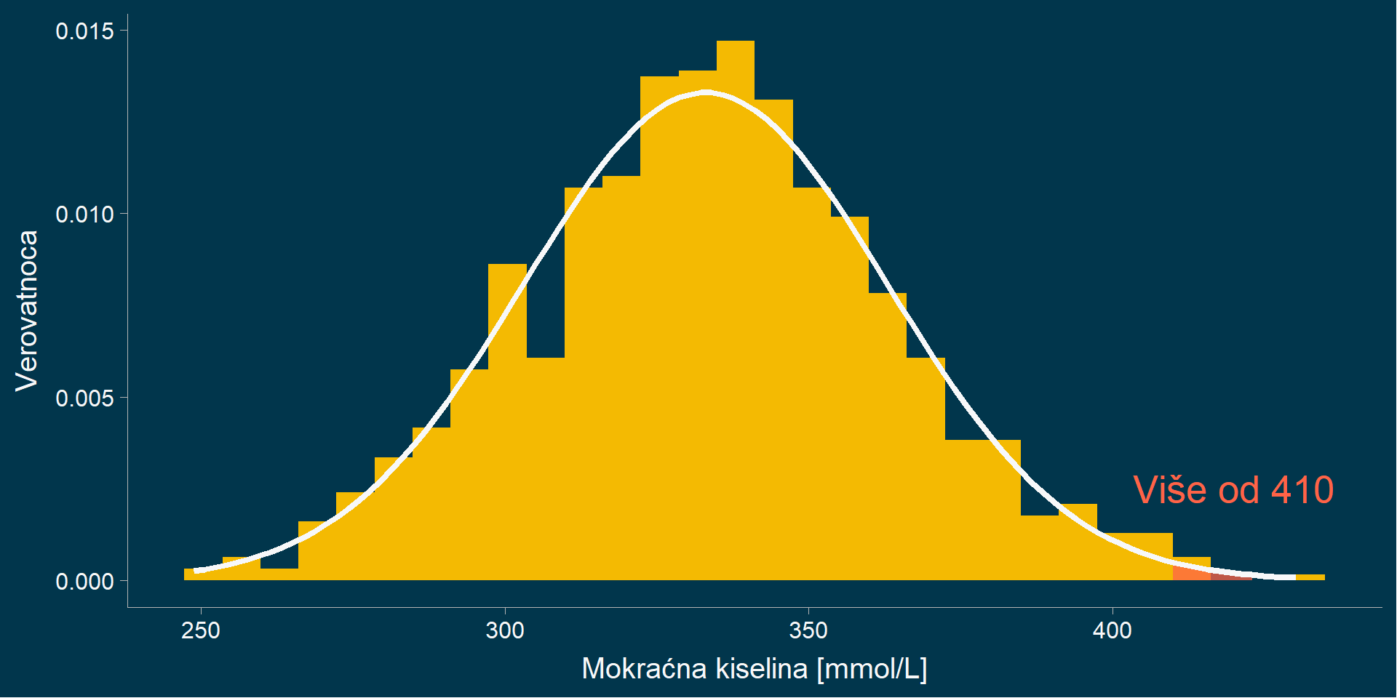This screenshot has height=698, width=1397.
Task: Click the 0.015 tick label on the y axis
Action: [84, 31]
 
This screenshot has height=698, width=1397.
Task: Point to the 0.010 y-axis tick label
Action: [84, 214]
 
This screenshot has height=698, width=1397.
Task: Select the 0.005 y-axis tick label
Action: [84, 398]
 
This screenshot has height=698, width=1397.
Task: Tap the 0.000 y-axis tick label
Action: [84, 582]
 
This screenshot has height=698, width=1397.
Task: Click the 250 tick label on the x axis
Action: [201, 630]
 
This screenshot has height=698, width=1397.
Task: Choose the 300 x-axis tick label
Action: [505, 630]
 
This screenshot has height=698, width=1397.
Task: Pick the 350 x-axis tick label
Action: [808, 630]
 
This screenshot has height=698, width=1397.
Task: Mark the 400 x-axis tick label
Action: [1113, 630]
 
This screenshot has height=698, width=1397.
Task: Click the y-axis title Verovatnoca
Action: [27, 310]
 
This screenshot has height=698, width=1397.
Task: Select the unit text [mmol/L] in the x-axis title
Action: [872, 668]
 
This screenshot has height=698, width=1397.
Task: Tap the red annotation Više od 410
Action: [1233, 489]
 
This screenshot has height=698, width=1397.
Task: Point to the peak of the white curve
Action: [705, 92]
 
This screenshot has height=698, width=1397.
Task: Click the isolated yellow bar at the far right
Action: [1310, 577]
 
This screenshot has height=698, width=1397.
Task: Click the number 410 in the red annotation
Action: [1302, 489]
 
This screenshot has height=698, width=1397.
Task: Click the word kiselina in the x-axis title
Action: [761, 668]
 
